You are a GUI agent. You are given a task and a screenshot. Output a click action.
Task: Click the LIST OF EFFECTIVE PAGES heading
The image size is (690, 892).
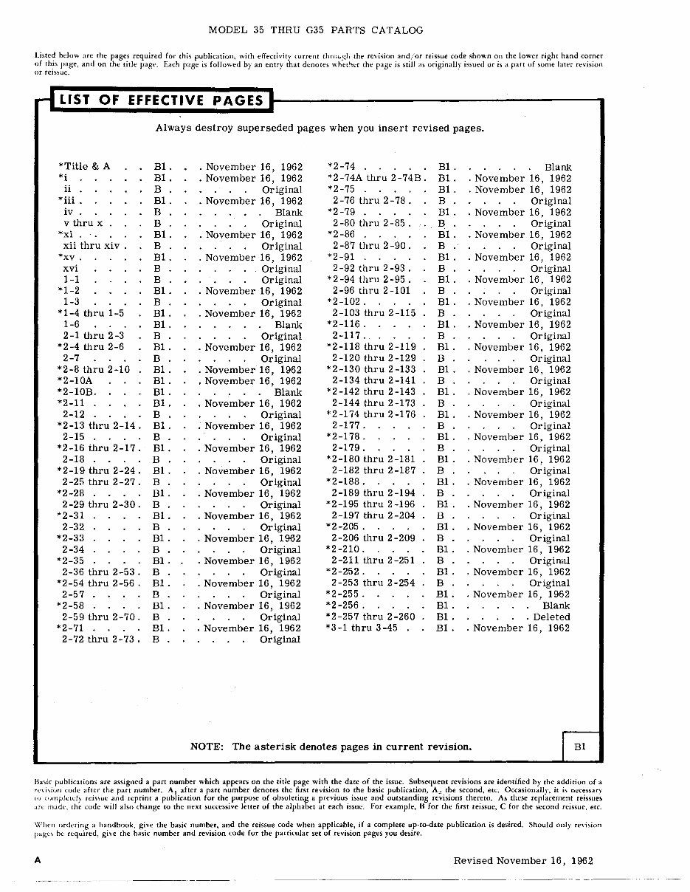click(x=161, y=100)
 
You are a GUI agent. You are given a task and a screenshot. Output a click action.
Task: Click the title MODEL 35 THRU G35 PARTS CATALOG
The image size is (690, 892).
click(x=316, y=30)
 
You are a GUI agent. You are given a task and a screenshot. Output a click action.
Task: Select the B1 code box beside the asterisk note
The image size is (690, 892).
click(x=580, y=747)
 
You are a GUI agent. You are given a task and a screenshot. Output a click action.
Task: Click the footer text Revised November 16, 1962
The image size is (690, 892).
click(x=523, y=861)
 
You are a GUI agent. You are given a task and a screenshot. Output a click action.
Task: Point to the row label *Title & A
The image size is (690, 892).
click(x=83, y=167)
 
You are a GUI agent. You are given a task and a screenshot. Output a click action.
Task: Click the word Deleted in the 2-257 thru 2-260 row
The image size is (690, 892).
click(x=551, y=617)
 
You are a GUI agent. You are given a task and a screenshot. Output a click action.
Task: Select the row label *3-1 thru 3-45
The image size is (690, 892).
click(x=362, y=628)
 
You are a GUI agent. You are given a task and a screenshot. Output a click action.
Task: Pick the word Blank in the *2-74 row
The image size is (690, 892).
click(x=557, y=167)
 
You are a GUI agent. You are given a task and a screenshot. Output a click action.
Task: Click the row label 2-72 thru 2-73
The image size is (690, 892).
click(x=98, y=639)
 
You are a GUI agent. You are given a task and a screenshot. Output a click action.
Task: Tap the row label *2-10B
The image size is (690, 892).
click(x=77, y=392)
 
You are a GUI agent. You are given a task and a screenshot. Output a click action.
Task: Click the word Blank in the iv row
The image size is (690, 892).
click(x=288, y=212)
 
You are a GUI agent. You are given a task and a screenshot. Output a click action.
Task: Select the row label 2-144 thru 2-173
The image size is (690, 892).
click(x=373, y=403)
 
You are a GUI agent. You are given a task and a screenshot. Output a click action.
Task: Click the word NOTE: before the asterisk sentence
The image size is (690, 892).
click(x=207, y=747)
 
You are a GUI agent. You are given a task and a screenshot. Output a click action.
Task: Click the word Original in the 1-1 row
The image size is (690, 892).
click(x=281, y=280)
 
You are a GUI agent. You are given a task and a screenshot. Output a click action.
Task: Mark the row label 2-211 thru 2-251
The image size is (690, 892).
click(x=373, y=560)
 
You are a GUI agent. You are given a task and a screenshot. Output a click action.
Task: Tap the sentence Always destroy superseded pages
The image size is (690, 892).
click(x=319, y=128)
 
